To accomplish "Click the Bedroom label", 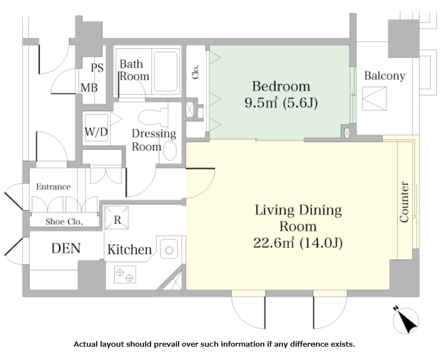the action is [x=281, y=86].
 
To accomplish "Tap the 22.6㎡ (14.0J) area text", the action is [x=298, y=243].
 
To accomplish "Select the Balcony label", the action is [x=385, y=76].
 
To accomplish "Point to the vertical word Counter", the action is [x=404, y=202].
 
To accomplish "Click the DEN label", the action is [x=66, y=248].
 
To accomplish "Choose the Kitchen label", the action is [x=130, y=250].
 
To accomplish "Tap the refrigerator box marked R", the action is [x=117, y=218].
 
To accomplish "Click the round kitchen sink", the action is [x=169, y=250].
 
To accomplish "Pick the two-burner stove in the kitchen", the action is [x=125, y=274].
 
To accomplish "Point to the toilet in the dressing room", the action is [x=153, y=116].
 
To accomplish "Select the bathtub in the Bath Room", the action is [x=166, y=71].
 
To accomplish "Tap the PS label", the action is [x=97, y=67].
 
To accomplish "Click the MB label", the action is [x=89, y=88].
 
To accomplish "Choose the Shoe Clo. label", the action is [x=64, y=222].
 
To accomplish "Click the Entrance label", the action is [x=53, y=186].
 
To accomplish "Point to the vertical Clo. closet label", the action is [x=195, y=72].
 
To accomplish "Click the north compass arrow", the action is [x=406, y=320].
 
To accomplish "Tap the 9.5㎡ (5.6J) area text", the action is [x=281, y=103].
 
